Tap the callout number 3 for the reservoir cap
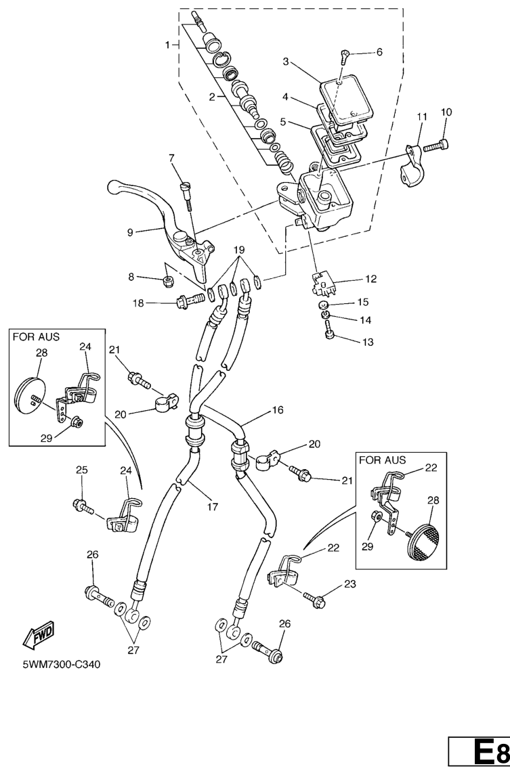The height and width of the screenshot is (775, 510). pos(286,62)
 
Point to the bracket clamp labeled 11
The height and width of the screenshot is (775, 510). pos(412,164)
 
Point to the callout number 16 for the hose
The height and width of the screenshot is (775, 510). pos(278,410)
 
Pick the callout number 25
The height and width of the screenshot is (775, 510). pos(81,469)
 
